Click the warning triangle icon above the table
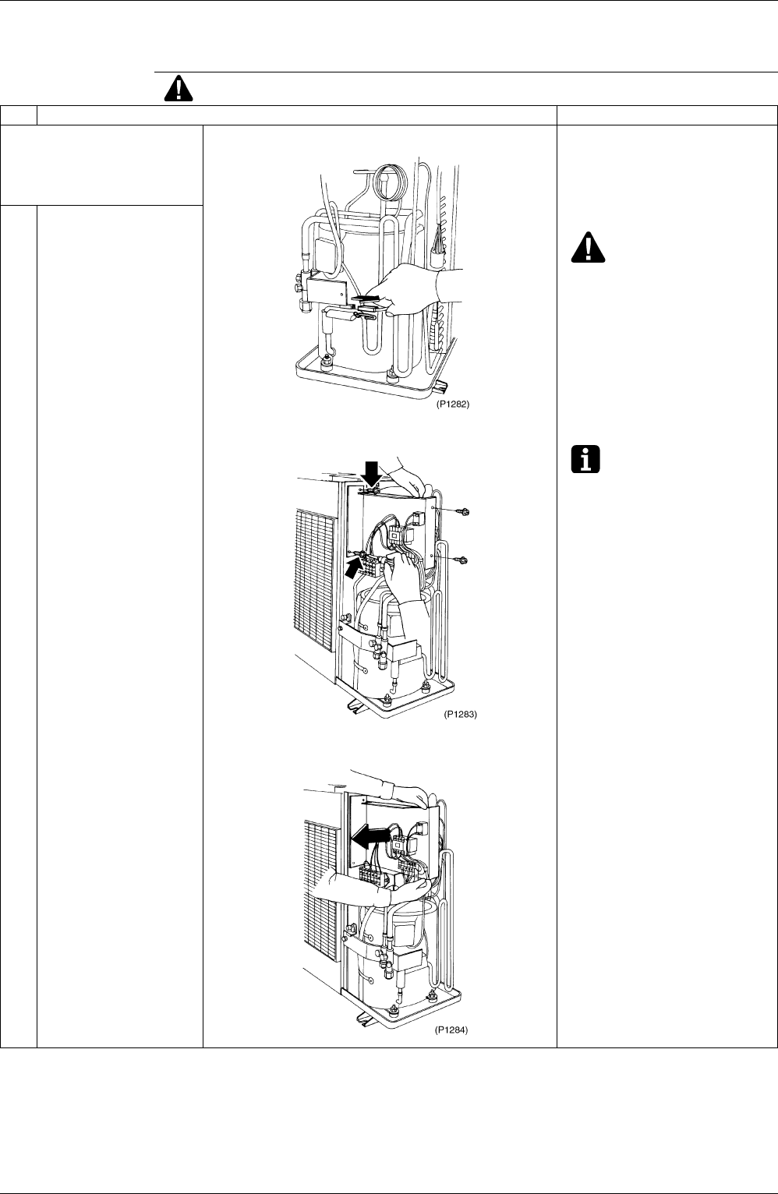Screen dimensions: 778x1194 [x=179, y=89]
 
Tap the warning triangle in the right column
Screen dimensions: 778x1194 [x=588, y=247]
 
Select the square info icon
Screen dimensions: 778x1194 [x=585, y=459]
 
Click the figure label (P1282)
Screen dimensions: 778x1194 [x=453, y=404]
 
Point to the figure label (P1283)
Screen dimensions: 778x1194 [x=460, y=714]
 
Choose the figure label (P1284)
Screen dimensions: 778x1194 [x=451, y=1030]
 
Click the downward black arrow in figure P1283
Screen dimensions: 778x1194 [x=371, y=473]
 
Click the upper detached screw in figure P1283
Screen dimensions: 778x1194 [x=462, y=512]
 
